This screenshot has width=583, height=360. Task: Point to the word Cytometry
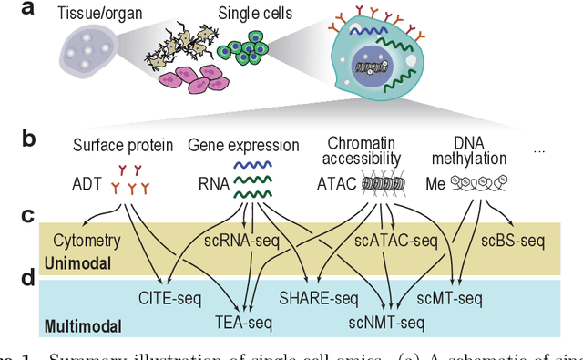click(x=88, y=241)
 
